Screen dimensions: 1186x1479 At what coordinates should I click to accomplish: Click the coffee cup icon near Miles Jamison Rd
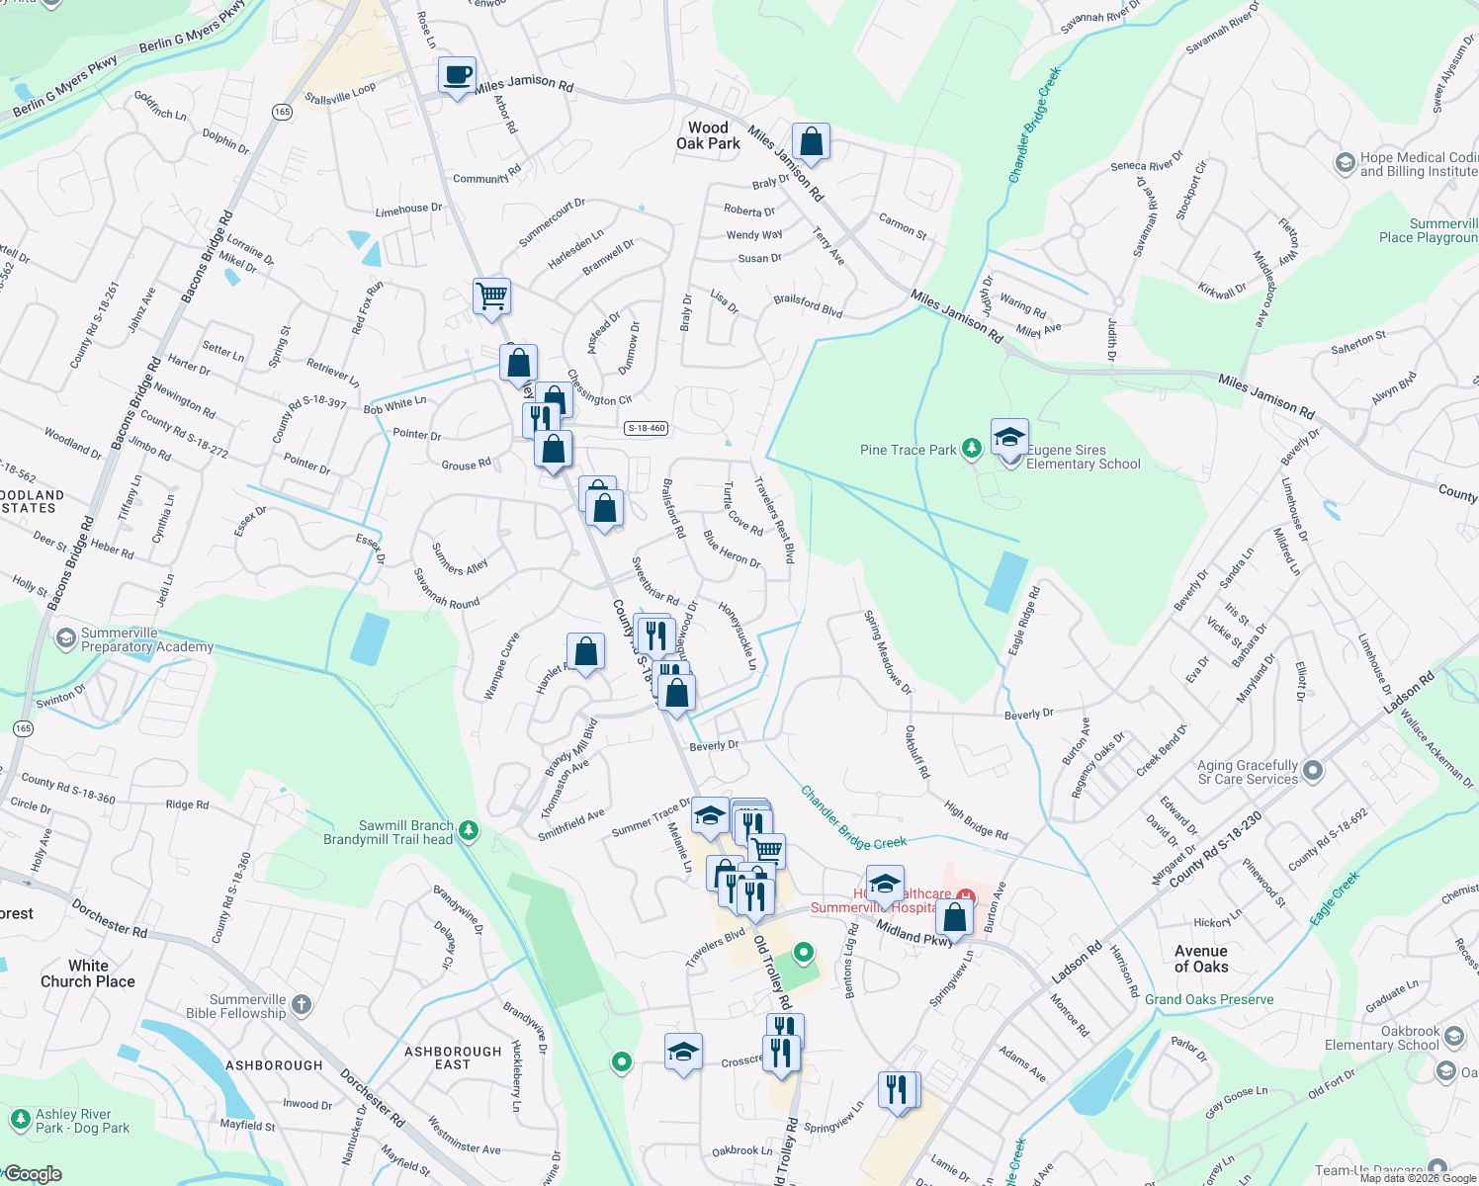[457, 76]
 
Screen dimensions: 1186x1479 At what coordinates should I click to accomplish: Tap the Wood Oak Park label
[708, 135]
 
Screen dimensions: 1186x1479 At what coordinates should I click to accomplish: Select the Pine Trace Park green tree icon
[972, 450]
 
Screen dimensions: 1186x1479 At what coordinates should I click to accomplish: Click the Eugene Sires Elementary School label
[1083, 457]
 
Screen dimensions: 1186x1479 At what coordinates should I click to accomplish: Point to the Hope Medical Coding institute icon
[1345, 163]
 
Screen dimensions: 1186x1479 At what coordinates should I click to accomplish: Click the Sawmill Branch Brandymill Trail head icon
[470, 832]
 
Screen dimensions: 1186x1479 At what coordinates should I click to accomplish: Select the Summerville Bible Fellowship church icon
[302, 1005]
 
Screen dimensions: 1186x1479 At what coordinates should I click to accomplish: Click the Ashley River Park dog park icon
[20, 1120]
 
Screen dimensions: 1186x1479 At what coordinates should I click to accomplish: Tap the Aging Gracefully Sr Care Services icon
[1313, 771]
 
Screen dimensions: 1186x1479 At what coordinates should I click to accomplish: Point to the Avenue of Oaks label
[1201, 959]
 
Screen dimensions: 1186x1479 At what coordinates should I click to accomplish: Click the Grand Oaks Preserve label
[1209, 999]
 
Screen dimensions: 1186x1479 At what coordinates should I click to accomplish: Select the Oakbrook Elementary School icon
[1453, 1037]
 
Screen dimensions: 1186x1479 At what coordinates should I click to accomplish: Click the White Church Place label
[88, 974]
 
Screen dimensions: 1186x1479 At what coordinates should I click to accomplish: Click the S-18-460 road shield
[647, 428]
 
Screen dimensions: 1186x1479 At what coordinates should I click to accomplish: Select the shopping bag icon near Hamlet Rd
[585, 652]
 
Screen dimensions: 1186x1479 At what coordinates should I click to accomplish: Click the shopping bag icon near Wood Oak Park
[811, 142]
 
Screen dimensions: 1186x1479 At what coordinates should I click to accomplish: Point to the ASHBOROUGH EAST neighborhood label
[453, 1058]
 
